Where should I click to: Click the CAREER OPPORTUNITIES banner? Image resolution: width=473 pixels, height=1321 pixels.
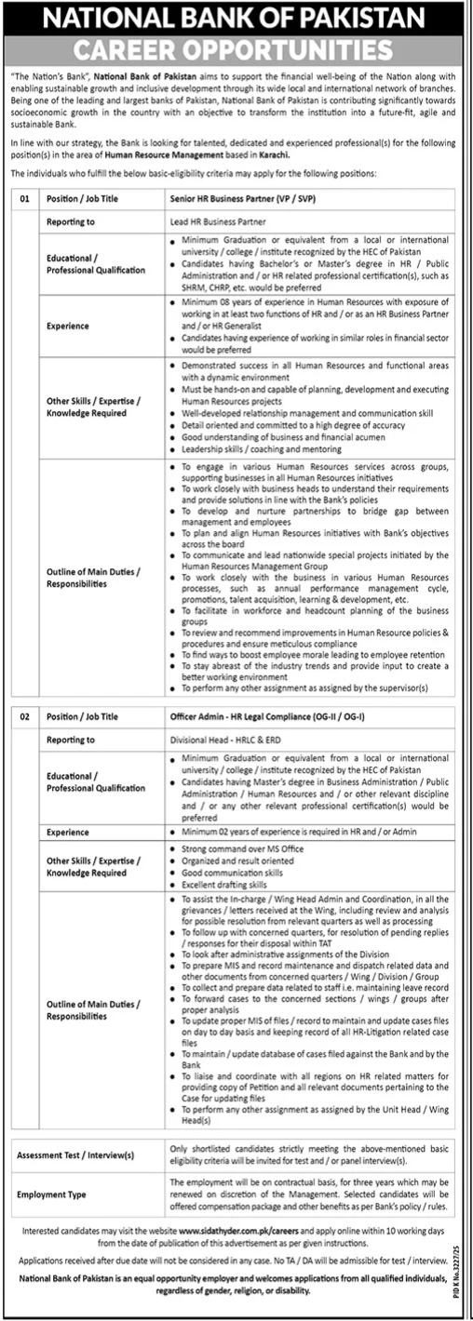tap(236, 47)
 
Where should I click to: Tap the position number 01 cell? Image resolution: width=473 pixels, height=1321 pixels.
tap(24, 199)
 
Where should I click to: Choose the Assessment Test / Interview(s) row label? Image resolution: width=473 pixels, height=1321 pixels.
tap(75, 1154)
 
